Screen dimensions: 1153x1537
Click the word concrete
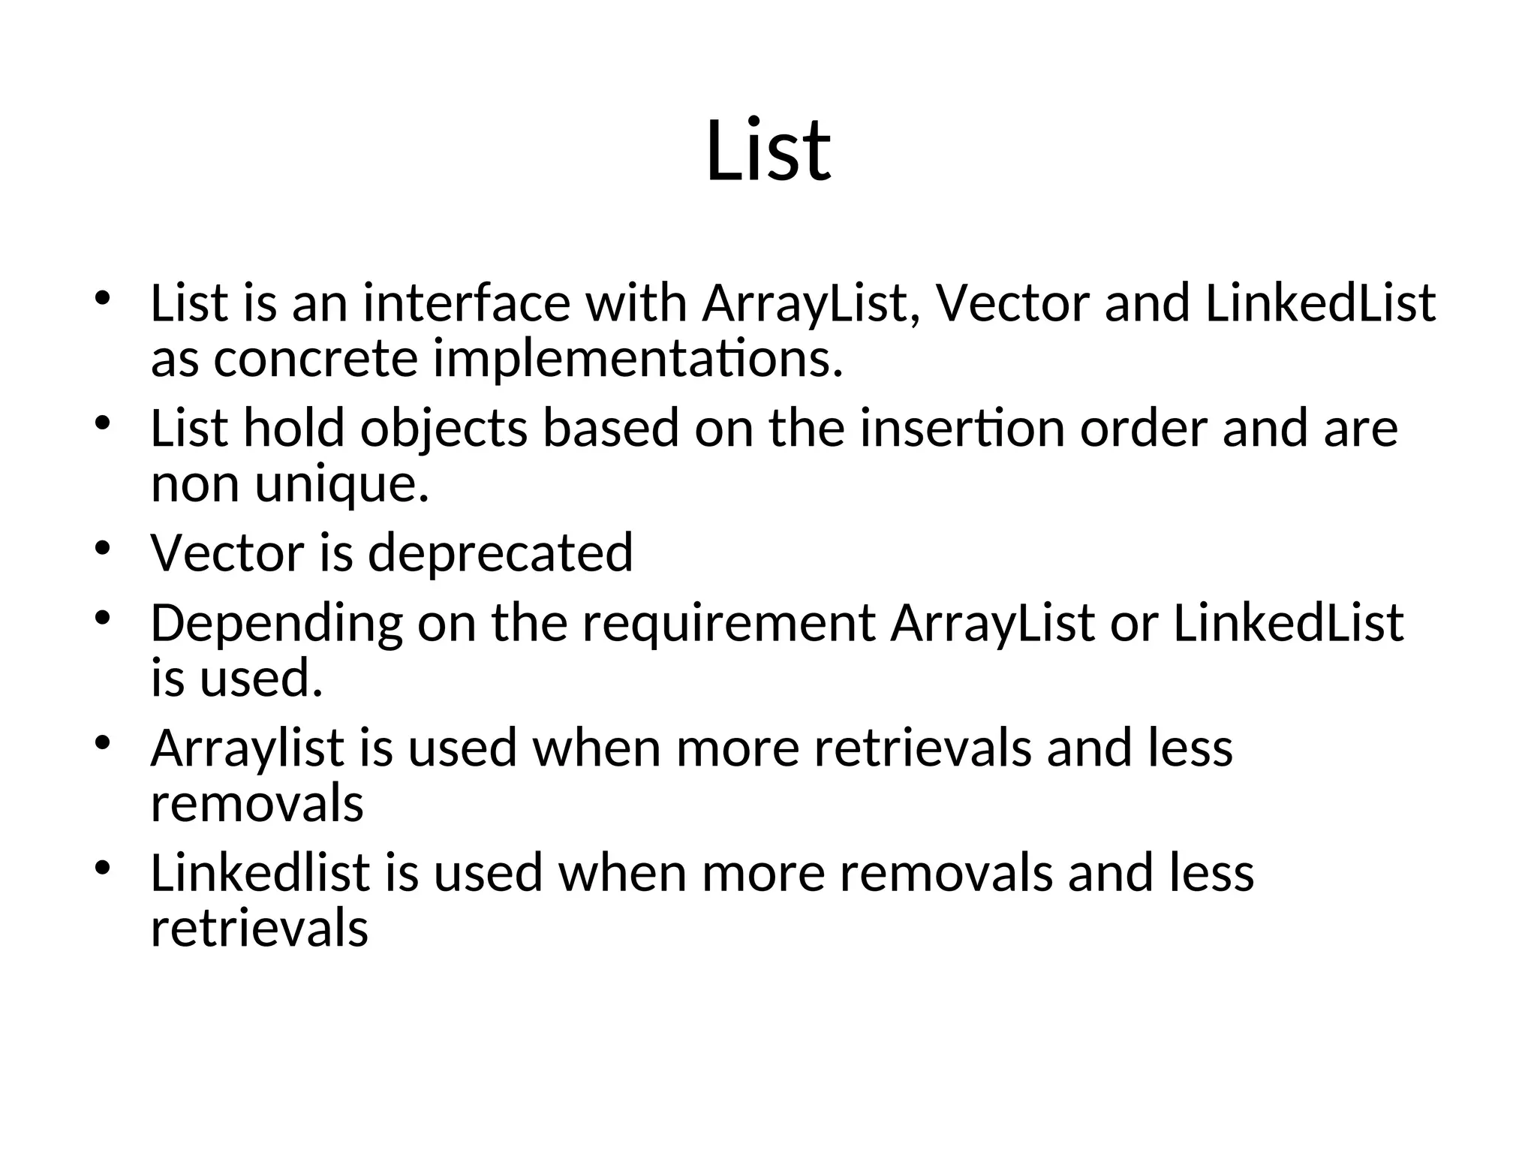coord(315,360)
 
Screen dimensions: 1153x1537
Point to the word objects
coord(444,429)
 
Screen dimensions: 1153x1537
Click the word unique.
coord(342,485)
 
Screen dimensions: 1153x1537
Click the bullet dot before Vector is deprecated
coord(103,546)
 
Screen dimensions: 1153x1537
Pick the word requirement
coord(729,625)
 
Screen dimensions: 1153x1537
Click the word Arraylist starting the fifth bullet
coord(247,749)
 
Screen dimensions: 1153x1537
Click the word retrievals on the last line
coord(260,929)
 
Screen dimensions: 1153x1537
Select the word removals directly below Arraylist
coord(257,804)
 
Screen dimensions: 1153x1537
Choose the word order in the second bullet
coord(1144,428)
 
